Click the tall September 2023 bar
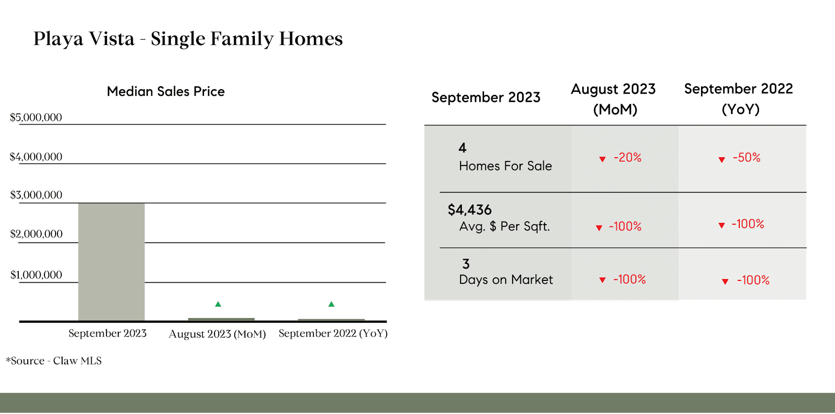[x=111, y=262]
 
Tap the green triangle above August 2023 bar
[x=218, y=304]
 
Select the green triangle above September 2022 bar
[x=331, y=304]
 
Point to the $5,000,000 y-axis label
[x=36, y=118]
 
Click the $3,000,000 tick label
[x=36, y=195]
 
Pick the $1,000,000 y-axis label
[x=36, y=275]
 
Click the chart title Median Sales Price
[x=166, y=91]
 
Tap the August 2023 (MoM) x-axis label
[x=217, y=334]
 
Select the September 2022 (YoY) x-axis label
[x=333, y=333]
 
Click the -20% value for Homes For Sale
[x=628, y=157]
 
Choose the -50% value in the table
[x=747, y=157]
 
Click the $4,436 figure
[x=470, y=210]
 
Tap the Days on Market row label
[x=506, y=279]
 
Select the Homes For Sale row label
[x=505, y=166]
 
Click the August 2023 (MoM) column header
[x=614, y=99]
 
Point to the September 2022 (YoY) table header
[x=739, y=99]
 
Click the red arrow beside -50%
[x=722, y=160]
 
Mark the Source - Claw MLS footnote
[x=54, y=361]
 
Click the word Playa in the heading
[x=58, y=39]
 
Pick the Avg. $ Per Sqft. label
[x=504, y=226]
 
